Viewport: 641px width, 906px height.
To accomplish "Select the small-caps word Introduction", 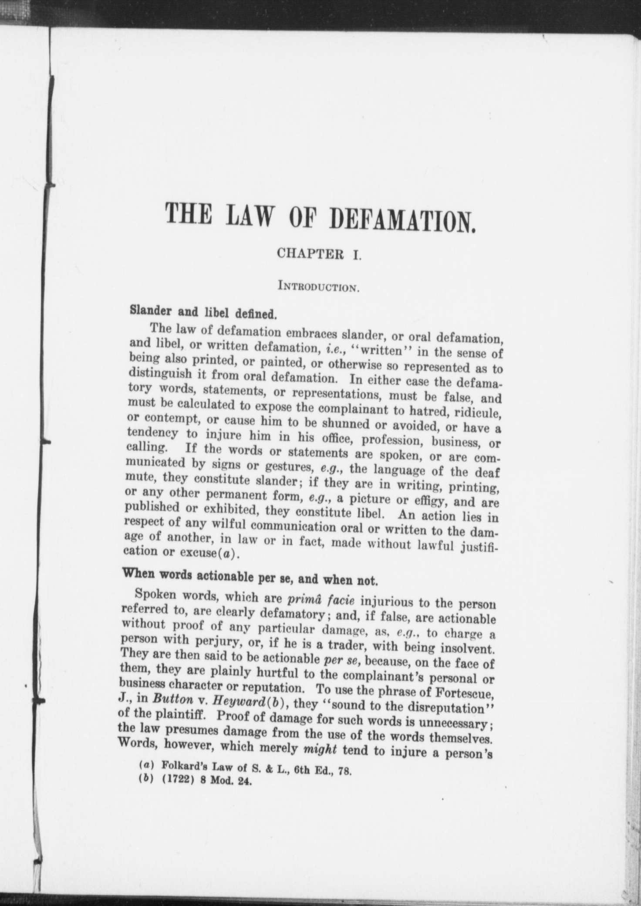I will point(319,287).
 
